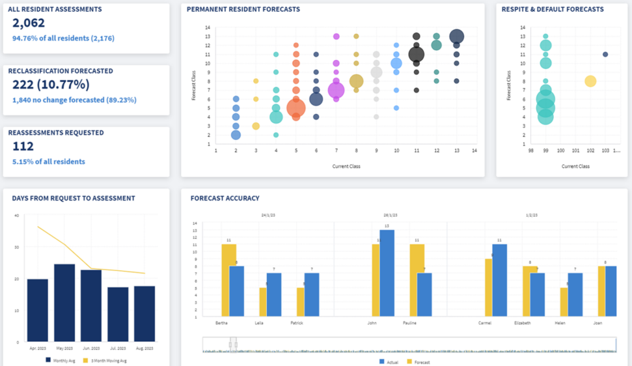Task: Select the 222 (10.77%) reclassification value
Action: click(51, 85)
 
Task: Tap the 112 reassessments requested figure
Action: click(23, 147)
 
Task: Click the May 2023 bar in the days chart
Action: click(64, 302)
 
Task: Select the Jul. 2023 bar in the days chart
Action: click(118, 314)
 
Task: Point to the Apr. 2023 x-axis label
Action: click(37, 348)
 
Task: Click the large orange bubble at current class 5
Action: click(296, 108)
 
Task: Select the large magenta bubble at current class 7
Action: click(336, 91)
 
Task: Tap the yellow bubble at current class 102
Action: click(590, 81)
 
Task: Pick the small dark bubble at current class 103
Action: click(605, 55)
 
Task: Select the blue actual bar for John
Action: click(387, 274)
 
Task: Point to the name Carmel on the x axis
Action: click(485, 323)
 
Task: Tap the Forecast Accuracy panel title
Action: click(225, 199)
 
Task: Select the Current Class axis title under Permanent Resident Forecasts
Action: click(346, 167)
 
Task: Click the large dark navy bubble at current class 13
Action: click(456, 36)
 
